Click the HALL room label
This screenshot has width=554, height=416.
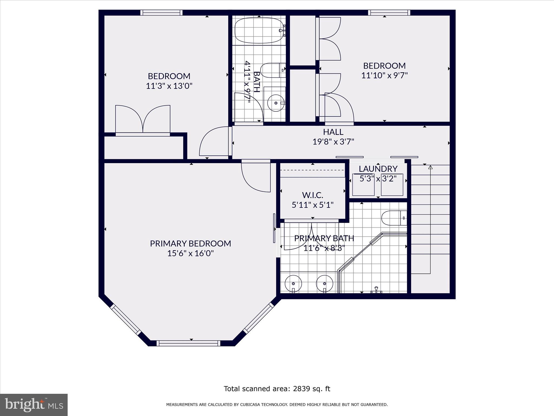pos(333,132)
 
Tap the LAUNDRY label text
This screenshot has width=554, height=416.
pos(378,169)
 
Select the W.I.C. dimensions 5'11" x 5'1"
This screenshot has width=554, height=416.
pos(312,205)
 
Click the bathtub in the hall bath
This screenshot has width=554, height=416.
pos(258,31)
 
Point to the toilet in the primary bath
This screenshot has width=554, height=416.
pos(394,218)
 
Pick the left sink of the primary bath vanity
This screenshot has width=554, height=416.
pos(293,283)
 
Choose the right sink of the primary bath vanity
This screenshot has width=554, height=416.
pos(325,283)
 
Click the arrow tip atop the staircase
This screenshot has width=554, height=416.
pos(430,167)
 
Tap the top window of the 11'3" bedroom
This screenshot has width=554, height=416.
pos(161,12)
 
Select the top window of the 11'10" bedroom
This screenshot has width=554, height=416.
pos(389,12)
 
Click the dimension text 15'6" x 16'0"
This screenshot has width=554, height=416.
pos(190,253)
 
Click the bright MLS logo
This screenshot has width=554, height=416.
pos(34,404)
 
